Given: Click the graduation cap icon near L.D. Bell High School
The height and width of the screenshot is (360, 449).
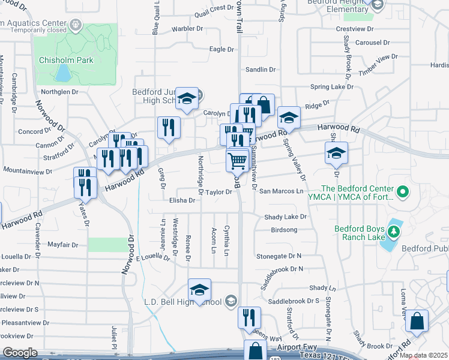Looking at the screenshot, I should point(199,290).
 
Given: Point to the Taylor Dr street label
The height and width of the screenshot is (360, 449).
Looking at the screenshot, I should point(218,192).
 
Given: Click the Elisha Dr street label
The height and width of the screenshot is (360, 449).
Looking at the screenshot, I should point(182,201).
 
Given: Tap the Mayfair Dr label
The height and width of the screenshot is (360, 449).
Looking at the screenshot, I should point(63,245).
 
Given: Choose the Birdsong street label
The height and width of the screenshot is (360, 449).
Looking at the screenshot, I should point(285,230).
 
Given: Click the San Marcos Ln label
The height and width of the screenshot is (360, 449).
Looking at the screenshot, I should point(282,191).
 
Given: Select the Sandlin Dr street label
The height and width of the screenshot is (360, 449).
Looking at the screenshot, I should point(260,70).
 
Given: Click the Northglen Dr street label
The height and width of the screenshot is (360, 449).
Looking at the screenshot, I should point(59,92).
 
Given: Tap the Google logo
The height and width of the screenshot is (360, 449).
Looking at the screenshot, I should point(20,353).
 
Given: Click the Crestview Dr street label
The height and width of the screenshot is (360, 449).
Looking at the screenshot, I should point(355,28).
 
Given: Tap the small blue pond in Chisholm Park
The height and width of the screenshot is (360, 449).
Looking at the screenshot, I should point(62,73).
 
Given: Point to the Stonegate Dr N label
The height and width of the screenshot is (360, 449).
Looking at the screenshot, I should point(279,256).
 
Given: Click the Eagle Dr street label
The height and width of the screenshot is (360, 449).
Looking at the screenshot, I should point(221,49).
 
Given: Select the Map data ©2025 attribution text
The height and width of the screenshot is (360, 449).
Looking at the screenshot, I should point(423,356).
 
